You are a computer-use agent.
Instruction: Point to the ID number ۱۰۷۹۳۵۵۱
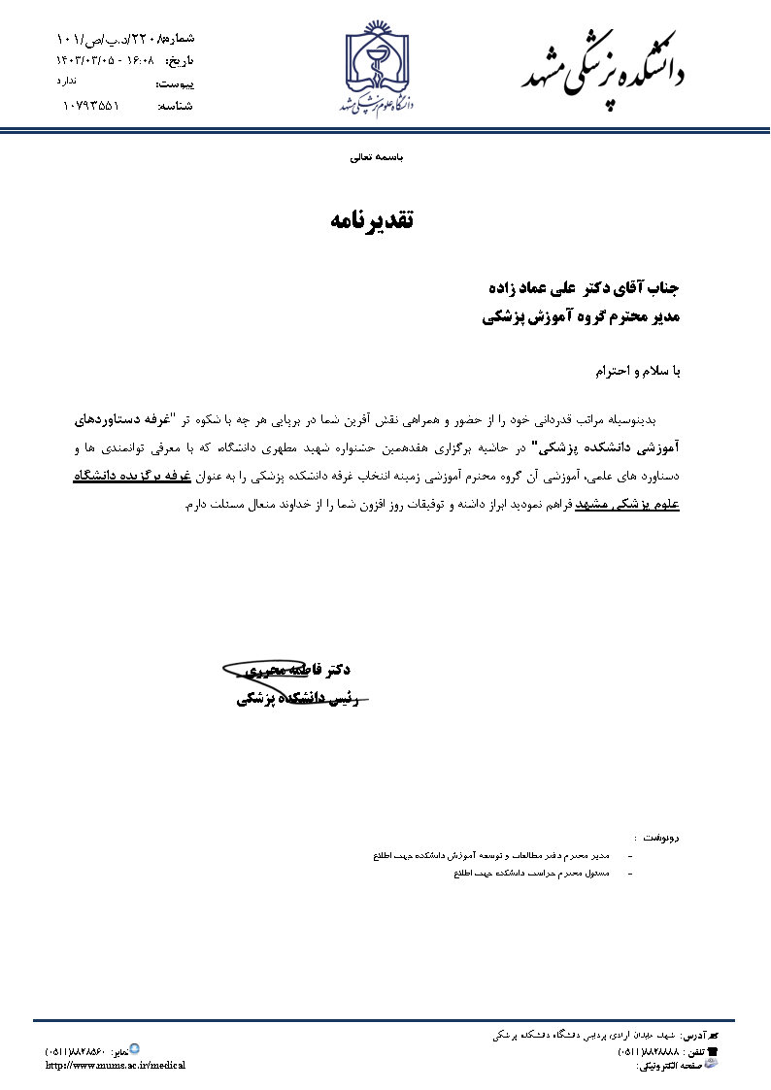(x=91, y=105)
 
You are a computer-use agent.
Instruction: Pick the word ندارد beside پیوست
(x=67, y=80)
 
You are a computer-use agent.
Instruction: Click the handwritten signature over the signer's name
(x=291, y=679)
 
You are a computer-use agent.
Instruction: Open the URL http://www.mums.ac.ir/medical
(x=116, y=1065)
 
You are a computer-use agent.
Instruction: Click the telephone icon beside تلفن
(x=712, y=1050)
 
